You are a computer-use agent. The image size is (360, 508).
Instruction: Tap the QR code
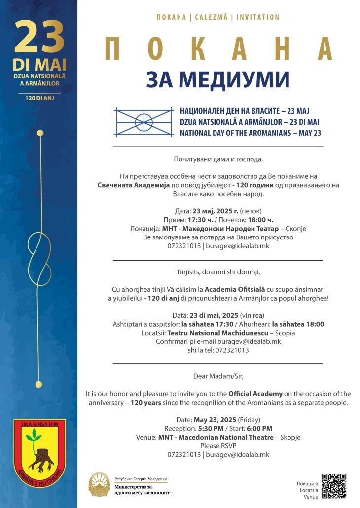pyautogui.click(x=333, y=486)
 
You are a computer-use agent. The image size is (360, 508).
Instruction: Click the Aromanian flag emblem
pyautogui.click(x=144, y=122)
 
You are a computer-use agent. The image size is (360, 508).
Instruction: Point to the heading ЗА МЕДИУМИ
pyautogui.click(x=217, y=79)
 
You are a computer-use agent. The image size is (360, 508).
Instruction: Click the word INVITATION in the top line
pyautogui.click(x=258, y=17)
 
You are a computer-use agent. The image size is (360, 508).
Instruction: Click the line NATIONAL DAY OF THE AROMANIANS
pyautogui.click(x=250, y=133)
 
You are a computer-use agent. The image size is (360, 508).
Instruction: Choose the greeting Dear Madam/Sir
pyautogui.click(x=218, y=376)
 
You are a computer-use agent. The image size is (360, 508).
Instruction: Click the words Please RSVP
pyautogui.click(x=218, y=445)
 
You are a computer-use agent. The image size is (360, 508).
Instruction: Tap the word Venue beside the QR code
pyautogui.click(x=311, y=497)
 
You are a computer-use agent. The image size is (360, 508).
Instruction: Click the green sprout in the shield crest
pyautogui.click(x=34, y=436)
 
